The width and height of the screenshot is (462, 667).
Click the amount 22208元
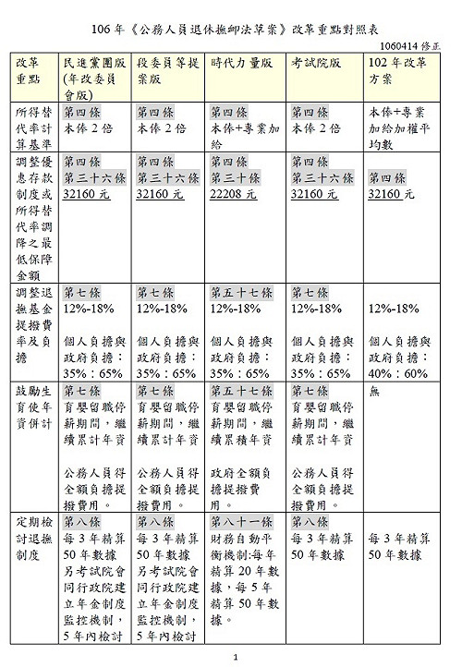click(x=235, y=194)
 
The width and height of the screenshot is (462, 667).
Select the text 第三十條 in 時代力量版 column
click(x=236, y=177)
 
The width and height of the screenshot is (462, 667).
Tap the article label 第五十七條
click(x=241, y=293)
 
